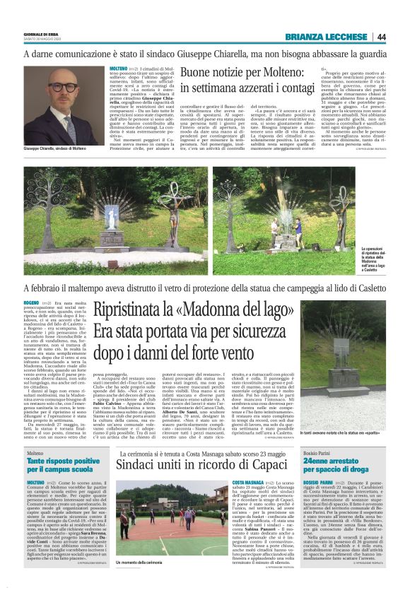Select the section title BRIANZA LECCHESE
327,37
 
